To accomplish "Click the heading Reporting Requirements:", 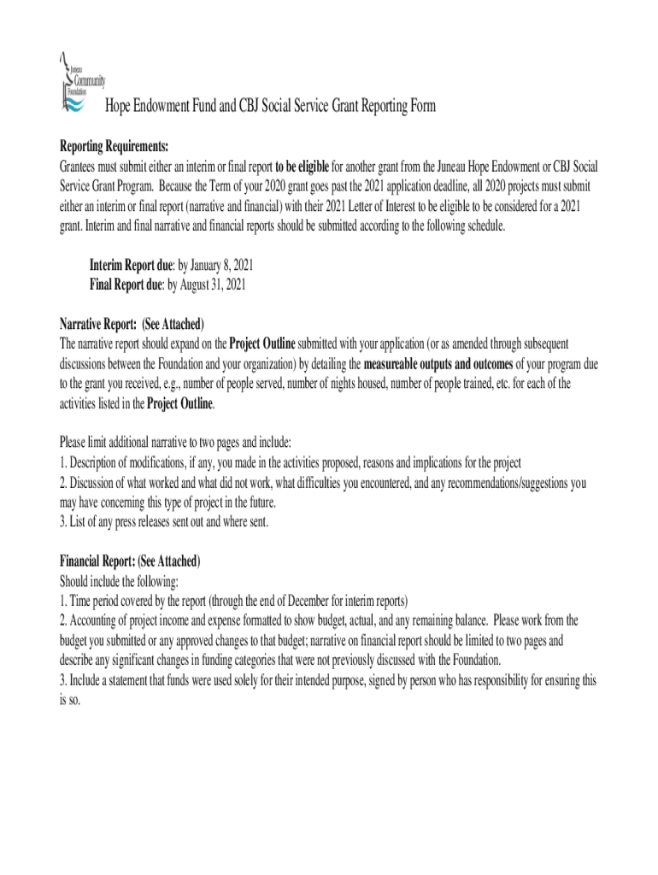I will [x=114, y=145].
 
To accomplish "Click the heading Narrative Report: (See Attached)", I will [x=132, y=324].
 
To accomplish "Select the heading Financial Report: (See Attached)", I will [x=130, y=561].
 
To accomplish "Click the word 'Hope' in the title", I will [x=117, y=106].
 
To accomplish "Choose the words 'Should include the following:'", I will [x=120, y=581].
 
